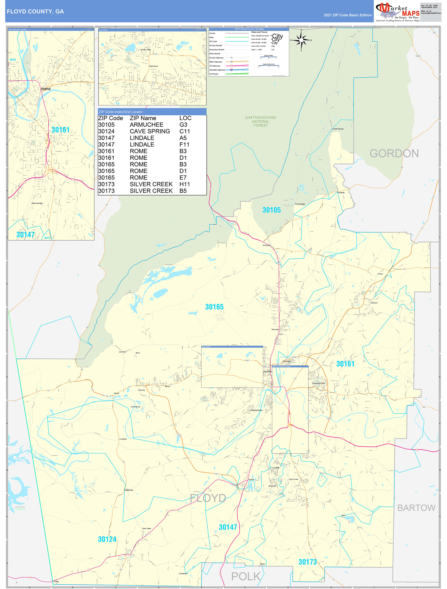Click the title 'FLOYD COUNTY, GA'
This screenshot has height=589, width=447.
35,12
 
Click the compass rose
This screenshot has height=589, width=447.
301,40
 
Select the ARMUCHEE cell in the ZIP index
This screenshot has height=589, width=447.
147,125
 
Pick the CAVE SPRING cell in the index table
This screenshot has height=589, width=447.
150,131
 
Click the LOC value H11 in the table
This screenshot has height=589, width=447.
185,184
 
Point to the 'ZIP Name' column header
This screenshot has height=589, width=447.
143,118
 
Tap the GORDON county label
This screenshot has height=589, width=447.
394,153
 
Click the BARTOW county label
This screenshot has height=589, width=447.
416,508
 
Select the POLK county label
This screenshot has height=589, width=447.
245,577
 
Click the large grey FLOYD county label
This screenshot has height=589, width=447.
208,498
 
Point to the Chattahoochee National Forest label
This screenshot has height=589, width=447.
260,121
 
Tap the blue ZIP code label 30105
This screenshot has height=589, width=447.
272,210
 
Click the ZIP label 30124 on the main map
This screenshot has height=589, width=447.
107,539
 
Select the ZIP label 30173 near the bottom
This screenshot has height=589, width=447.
308,562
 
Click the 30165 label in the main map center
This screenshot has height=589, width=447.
214,307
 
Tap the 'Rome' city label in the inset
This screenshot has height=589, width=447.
46,89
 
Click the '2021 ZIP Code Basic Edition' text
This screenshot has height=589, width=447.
347,15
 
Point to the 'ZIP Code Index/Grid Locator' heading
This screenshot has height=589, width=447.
121,112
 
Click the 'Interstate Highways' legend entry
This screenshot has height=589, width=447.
217,70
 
